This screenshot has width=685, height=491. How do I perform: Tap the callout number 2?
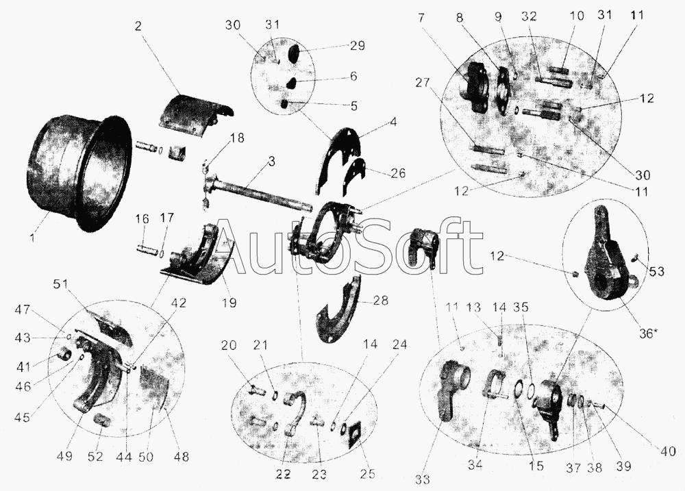138,26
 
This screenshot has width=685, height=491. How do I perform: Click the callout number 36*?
647,333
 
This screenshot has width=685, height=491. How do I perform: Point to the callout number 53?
656,272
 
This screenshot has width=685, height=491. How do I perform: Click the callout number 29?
358,45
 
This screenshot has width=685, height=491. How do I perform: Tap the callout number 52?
95,457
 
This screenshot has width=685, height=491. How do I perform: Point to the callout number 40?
667,451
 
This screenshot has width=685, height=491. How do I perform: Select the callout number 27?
423,83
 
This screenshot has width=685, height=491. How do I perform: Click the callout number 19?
229,302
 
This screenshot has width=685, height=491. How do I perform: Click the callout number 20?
229,345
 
